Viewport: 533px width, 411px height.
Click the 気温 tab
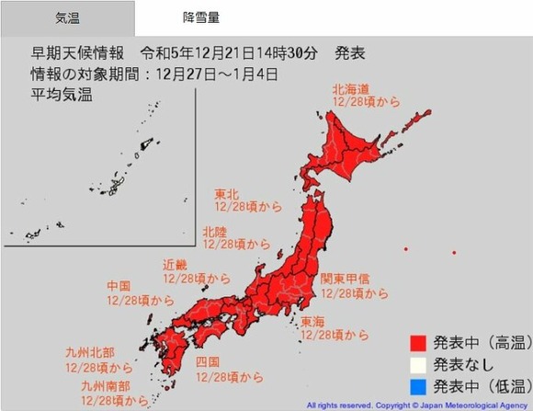[66, 18]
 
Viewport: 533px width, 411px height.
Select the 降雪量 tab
[201, 18]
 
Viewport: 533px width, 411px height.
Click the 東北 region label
[227, 194]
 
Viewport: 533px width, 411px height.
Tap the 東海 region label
[313, 322]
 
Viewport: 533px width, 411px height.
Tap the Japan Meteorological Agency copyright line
[418, 405]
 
